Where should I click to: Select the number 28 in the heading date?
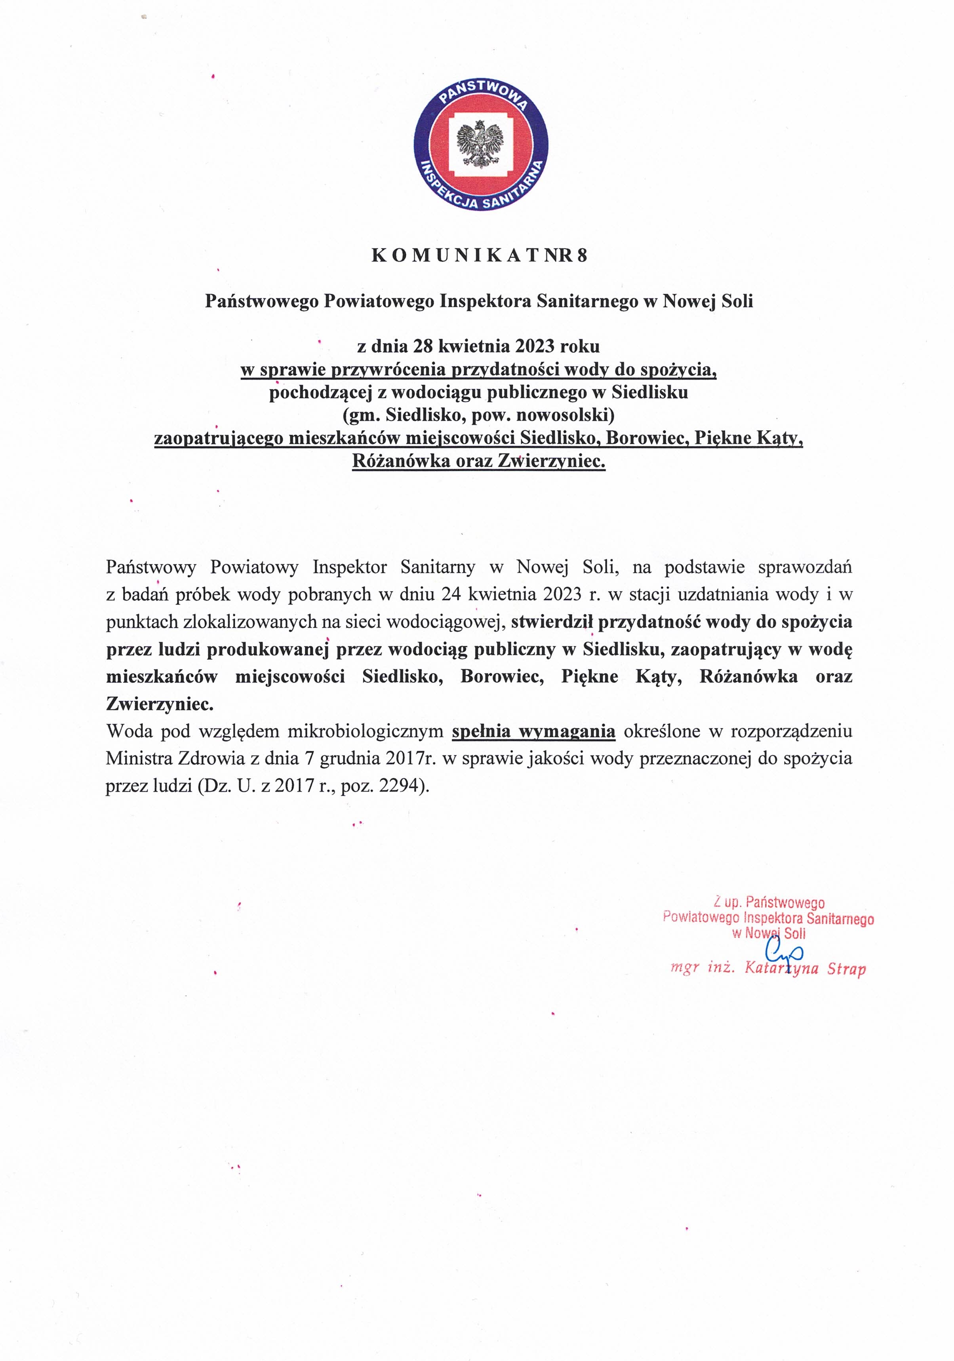422,346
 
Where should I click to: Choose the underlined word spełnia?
481,731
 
